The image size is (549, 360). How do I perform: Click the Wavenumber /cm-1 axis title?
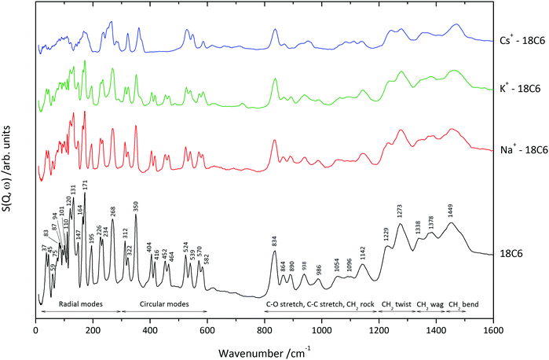point(265,349)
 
